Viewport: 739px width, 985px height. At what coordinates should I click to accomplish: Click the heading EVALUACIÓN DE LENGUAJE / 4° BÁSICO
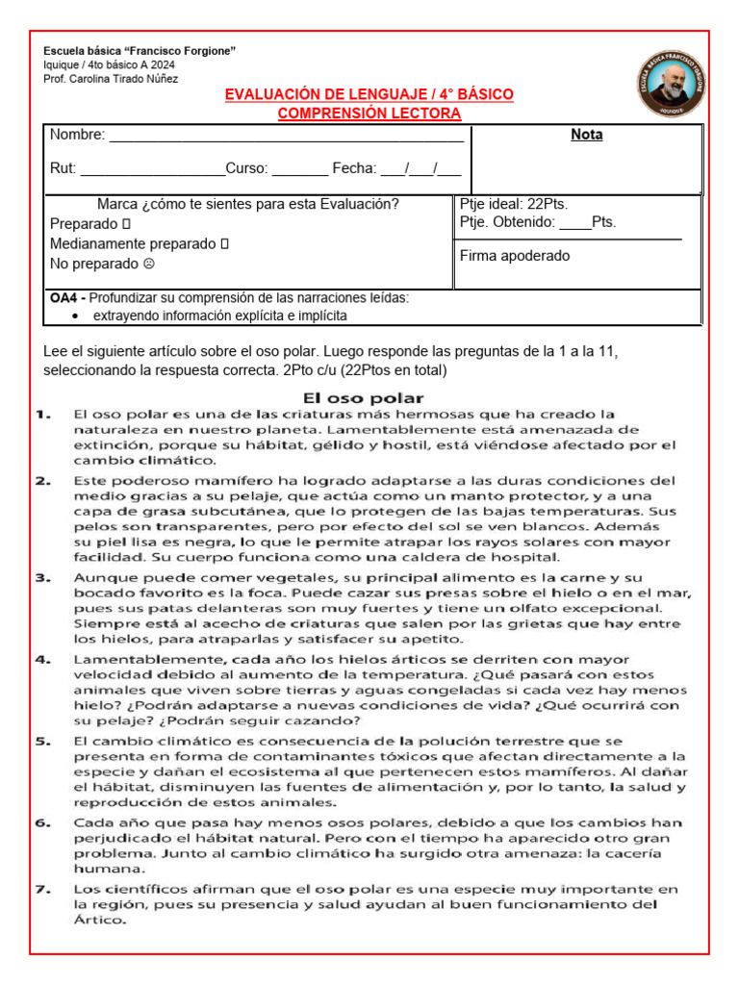pos(369,94)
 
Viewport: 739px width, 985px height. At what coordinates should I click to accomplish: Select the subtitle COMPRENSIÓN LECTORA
pos(369,114)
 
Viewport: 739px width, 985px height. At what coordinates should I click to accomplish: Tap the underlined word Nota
pos(587,135)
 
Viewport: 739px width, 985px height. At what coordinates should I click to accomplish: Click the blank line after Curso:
pos(300,172)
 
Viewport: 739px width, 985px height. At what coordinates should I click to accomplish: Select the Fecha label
pos(354,168)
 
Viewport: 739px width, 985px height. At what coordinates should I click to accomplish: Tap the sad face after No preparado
pos(148,264)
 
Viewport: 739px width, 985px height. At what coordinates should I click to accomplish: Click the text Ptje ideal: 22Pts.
pos(514,204)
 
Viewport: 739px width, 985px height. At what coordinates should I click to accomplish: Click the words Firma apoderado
pos(515,256)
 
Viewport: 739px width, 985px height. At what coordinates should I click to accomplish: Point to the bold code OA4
pos(64,298)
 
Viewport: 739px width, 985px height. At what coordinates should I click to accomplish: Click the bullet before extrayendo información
pos(76,316)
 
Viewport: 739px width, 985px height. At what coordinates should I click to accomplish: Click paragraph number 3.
pos(43,578)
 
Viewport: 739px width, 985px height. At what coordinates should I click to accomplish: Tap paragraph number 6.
pos(43,823)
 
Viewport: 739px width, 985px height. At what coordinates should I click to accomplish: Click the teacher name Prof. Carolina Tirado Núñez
pos(111,79)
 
